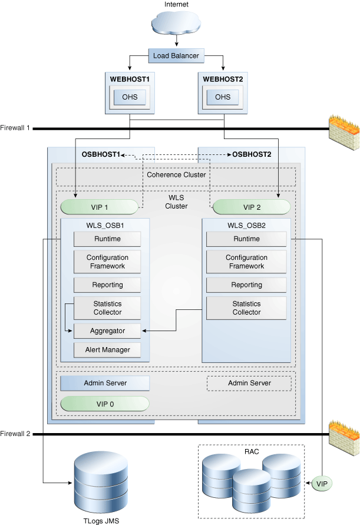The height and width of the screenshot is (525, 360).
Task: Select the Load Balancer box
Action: pos(176,57)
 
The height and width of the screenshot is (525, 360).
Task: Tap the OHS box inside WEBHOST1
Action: pos(130,97)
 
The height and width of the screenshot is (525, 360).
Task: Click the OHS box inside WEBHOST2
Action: pos(223,97)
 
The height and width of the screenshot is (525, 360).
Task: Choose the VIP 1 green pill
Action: pos(99,207)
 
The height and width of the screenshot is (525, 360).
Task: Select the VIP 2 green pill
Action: pos(251,207)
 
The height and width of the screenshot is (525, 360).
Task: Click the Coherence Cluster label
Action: pos(176,175)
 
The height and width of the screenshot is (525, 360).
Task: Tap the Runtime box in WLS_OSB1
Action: pos(107,239)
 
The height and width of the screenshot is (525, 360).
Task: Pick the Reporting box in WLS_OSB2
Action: pos(246,285)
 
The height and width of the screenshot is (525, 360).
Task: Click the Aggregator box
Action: pos(107,331)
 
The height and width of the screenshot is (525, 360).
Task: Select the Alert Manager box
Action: pos(107,349)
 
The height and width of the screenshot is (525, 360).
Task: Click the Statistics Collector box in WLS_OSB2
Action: pos(246,308)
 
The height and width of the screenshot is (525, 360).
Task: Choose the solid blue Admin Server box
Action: pos(105,383)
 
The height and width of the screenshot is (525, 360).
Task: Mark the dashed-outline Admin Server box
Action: pos(249,383)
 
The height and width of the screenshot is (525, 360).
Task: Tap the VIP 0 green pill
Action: pos(105,404)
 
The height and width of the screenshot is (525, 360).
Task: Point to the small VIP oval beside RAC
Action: pos(321,484)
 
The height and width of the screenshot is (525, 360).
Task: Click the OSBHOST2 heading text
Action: pos(252,154)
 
